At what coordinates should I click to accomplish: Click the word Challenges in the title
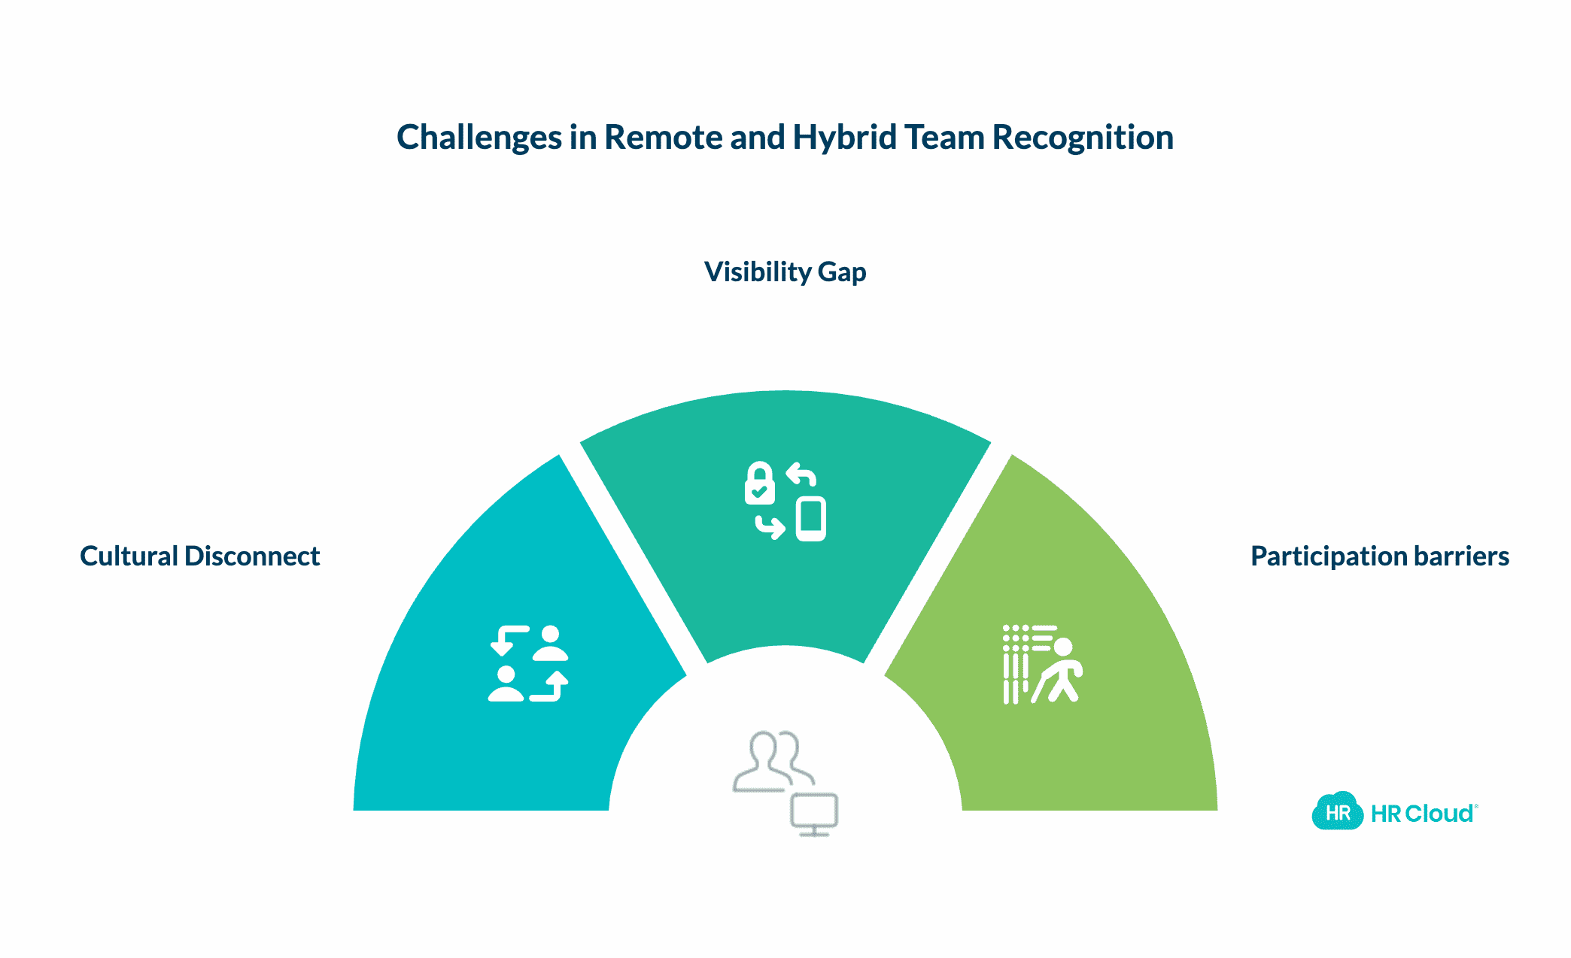coord(479,138)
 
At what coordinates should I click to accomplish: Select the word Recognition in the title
coord(1083,138)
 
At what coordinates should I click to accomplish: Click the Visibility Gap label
coord(785,271)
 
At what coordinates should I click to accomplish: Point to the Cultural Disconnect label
coord(199,556)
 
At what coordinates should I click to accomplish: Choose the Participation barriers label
coord(1379,556)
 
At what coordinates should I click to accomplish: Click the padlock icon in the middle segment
coord(759,483)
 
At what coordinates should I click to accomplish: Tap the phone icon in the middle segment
coord(811,519)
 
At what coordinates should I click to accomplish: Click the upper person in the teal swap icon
coord(550,644)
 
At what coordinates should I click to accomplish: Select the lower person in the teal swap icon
coord(506,684)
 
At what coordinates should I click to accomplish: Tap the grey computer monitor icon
coord(814,814)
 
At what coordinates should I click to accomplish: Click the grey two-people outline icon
coord(772,761)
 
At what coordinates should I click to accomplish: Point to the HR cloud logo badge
coord(1337,812)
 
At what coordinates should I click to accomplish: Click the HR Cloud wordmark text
coord(1422,814)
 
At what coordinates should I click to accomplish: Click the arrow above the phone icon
coord(802,475)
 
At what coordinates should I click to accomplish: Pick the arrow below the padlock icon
coord(770,527)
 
